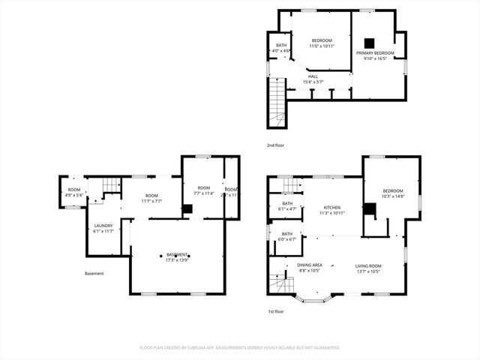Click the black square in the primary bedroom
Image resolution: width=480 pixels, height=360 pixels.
tap(369, 42)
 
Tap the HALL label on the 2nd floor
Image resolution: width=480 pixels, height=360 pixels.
tap(312, 76)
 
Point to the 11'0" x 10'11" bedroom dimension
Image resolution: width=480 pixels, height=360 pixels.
tap(322, 46)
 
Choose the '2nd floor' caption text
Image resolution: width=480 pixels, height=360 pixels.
tap(275, 145)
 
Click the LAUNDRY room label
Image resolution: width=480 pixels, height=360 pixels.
tap(103, 226)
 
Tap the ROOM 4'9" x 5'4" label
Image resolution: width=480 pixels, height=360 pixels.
tap(74, 192)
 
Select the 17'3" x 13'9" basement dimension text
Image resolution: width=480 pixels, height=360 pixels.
tap(177, 259)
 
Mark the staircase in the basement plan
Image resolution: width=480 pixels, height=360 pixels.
tap(111, 185)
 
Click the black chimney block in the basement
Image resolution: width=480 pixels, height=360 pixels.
tap(187, 210)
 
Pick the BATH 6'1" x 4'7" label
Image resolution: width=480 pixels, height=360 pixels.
tap(287, 205)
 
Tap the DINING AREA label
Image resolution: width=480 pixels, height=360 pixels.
tap(309, 266)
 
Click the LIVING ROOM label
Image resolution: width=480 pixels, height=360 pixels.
tap(367, 266)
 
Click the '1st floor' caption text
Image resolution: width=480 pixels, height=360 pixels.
tap(275, 310)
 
